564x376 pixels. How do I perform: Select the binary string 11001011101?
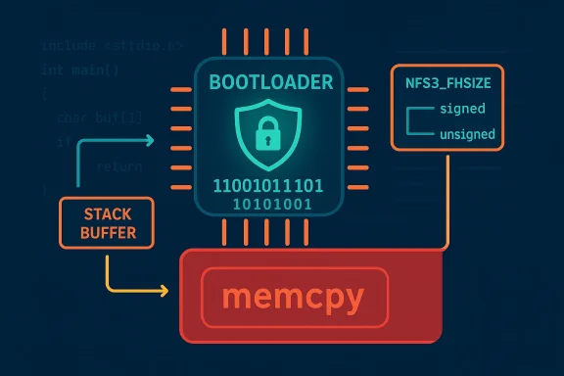267,185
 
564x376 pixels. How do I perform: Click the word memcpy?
294,296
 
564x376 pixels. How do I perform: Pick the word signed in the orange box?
462,109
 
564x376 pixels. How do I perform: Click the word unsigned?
468,134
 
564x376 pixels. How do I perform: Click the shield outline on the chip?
238,122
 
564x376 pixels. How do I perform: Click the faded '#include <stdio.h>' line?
98,45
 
